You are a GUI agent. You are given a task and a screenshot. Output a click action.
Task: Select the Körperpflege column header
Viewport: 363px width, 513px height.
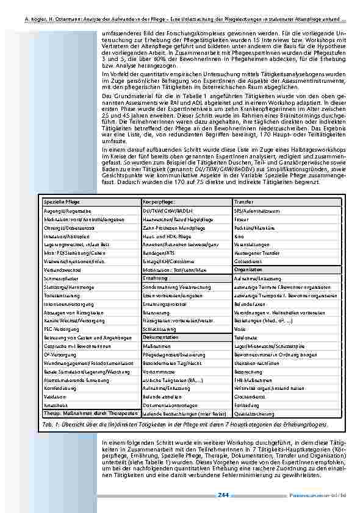pos(159,201)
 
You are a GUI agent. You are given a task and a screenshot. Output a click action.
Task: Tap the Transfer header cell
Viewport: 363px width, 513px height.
pos(244,201)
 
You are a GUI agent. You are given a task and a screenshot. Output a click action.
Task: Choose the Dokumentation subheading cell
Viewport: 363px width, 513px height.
pos(161,337)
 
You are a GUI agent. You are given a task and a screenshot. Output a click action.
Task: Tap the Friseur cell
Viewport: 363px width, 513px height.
pos(241,218)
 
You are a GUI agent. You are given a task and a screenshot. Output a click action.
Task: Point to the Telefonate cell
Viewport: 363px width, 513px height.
pos(245,337)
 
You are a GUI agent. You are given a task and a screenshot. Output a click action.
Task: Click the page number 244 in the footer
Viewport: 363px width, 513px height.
pos(223,495)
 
